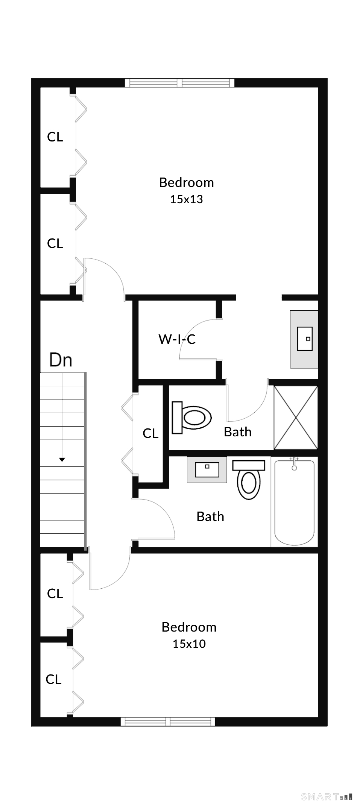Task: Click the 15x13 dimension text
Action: pyautogui.click(x=186, y=199)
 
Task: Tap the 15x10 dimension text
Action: pyautogui.click(x=189, y=644)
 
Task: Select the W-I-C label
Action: pyautogui.click(x=177, y=339)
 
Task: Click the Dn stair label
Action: pyautogui.click(x=61, y=360)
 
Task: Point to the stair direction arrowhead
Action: pyautogui.click(x=62, y=460)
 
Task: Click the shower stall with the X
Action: pyautogui.click(x=296, y=418)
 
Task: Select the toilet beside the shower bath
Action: pyautogui.click(x=191, y=417)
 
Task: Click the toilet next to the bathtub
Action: pyautogui.click(x=249, y=480)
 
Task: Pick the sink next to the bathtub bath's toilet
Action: pyautogui.click(x=207, y=469)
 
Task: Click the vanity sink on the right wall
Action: pyautogui.click(x=304, y=339)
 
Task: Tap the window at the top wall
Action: pyautogui.click(x=179, y=83)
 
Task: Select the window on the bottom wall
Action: pyautogui.click(x=168, y=721)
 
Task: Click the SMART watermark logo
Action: pyautogui.click(x=327, y=796)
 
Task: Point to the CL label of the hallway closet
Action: pyautogui.click(x=150, y=434)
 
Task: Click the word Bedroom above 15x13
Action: pyautogui.click(x=186, y=182)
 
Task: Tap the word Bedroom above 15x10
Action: pyautogui.click(x=189, y=627)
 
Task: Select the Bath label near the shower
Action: pyautogui.click(x=237, y=432)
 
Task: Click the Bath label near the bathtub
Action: pyautogui.click(x=210, y=516)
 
